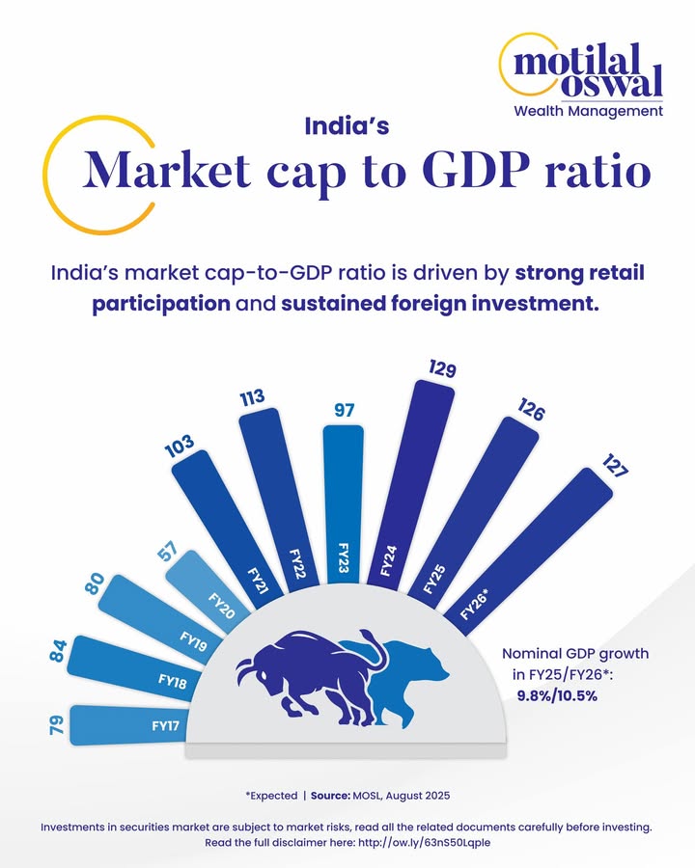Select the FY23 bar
(344, 502)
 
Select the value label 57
(167, 553)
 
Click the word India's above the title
(347, 125)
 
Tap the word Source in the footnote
(336, 797)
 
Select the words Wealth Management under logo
(588, 111)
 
